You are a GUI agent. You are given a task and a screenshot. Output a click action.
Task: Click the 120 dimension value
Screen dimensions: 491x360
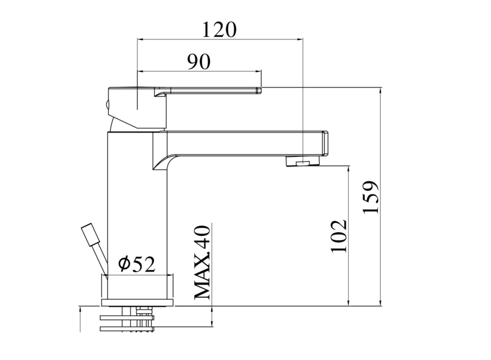219,29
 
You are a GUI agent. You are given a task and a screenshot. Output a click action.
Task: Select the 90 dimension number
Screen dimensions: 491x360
199,61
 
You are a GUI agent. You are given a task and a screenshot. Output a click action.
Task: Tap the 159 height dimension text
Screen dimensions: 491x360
371,197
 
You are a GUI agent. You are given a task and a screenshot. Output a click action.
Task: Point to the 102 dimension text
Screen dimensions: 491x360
339,236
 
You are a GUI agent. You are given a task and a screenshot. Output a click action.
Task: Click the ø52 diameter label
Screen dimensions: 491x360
136,264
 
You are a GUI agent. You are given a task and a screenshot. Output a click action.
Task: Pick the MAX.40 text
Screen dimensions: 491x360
202,262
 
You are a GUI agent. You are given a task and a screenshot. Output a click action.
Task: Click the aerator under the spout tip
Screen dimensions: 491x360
303,162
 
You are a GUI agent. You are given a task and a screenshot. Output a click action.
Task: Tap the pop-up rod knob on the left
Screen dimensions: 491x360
90,233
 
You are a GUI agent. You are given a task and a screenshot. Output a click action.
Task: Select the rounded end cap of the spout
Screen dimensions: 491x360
325,143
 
